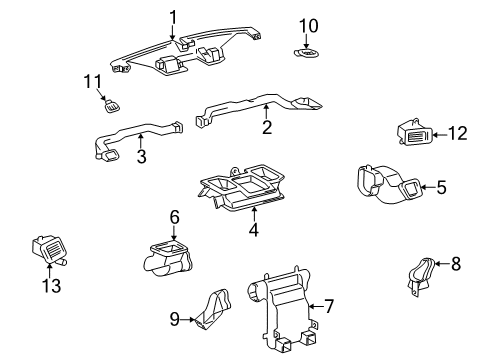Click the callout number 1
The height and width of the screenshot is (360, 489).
[x=172, y=16]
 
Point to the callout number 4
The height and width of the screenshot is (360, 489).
[x=253, y=230]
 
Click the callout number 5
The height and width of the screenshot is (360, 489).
[x=440, y=185]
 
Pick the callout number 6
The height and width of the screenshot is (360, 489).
[x=173, y=217]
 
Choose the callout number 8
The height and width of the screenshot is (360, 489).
[x=457, y=266]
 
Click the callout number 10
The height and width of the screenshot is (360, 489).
[x=309, y=24]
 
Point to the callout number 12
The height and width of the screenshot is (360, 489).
[x=459, y=133]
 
